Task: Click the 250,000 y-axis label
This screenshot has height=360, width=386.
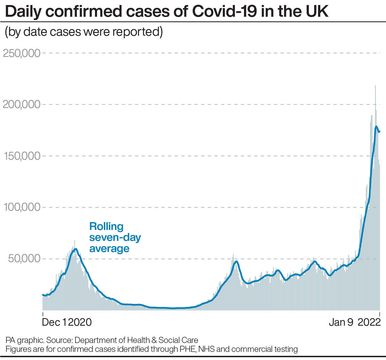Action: click(x=21, y=53)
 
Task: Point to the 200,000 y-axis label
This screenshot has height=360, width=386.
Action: click(x=21, y=105)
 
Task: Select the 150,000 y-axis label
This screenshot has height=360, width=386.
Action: click(x=21, y=156)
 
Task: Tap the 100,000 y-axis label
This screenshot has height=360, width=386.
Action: click(x=21, y=208)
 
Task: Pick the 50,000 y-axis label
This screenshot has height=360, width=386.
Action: click(x=25, y=259)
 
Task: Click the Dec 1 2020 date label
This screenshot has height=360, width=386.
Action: click(x=67, y=322)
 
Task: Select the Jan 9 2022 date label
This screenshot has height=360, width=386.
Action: click(x=355, y=322)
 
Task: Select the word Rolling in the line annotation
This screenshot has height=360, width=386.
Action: click(x=106, y=226)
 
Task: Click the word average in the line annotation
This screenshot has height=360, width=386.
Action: click(x=109, y=248)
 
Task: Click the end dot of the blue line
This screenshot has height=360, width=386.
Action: click(x=379, y=131)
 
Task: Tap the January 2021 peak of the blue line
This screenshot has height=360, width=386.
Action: click(x=75, y=249)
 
